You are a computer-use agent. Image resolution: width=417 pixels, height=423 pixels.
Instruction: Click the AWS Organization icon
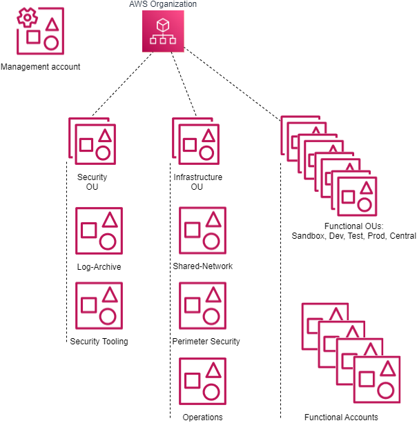163,32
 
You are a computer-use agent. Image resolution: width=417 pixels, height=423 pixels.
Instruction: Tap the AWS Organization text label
163,5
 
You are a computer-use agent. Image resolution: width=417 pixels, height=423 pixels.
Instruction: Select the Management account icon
40,32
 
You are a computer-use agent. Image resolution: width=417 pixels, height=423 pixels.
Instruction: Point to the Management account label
41,67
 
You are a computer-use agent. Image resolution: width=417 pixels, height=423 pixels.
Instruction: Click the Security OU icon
93,143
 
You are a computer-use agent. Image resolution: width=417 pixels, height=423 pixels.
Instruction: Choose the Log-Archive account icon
98,231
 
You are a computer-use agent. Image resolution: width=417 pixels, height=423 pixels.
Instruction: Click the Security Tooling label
99,341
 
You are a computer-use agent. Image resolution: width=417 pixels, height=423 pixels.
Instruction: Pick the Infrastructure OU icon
197,143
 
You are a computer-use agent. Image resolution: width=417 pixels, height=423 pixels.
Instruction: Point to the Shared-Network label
203,266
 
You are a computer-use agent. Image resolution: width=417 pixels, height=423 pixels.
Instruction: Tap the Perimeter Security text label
206,341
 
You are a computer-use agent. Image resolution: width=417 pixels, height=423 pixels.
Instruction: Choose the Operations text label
202,417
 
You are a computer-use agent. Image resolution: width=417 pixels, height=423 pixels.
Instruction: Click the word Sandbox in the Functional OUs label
308,236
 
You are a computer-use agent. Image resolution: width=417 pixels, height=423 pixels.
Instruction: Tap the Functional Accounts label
341,417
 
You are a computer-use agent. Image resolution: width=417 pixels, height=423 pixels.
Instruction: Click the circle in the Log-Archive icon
108,241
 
